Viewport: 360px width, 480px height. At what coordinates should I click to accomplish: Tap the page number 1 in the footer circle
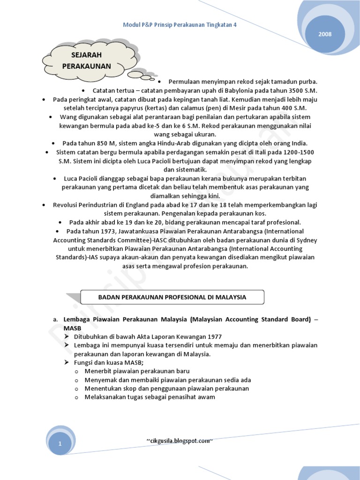coord(60,443)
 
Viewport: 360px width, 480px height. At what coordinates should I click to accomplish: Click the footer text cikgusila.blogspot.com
coord(180,441)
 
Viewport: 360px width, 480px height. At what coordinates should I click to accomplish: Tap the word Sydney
coord(307,240)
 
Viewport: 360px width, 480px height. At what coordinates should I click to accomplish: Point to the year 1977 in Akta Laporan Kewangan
coord(214,337)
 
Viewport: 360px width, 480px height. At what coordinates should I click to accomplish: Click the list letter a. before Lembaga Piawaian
coord(55,320)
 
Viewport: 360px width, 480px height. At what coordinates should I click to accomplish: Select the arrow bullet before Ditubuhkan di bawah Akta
coord(67,337)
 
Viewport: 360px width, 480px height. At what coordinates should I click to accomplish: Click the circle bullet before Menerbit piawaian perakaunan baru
coord(76,372)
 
